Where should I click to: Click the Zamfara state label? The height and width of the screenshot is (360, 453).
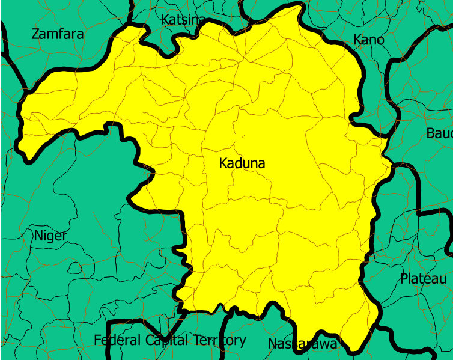click(57, 34)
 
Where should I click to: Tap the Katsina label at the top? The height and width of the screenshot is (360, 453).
click(183, 20)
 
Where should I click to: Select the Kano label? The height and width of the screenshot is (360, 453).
click(368, 40)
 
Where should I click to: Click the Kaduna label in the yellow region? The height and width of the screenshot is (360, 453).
click(242, 163)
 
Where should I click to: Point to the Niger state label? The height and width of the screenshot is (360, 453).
click(50, 235)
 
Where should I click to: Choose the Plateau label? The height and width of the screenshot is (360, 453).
click(424, 279)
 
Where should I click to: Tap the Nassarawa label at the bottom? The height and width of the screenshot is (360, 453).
click(302, 344)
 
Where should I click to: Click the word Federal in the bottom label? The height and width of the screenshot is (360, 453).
click(118, 340)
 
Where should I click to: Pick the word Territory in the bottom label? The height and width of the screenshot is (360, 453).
click(220, 340)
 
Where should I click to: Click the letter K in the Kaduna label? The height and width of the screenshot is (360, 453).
click(223, 163)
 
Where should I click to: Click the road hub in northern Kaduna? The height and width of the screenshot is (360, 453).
click(243, 59)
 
